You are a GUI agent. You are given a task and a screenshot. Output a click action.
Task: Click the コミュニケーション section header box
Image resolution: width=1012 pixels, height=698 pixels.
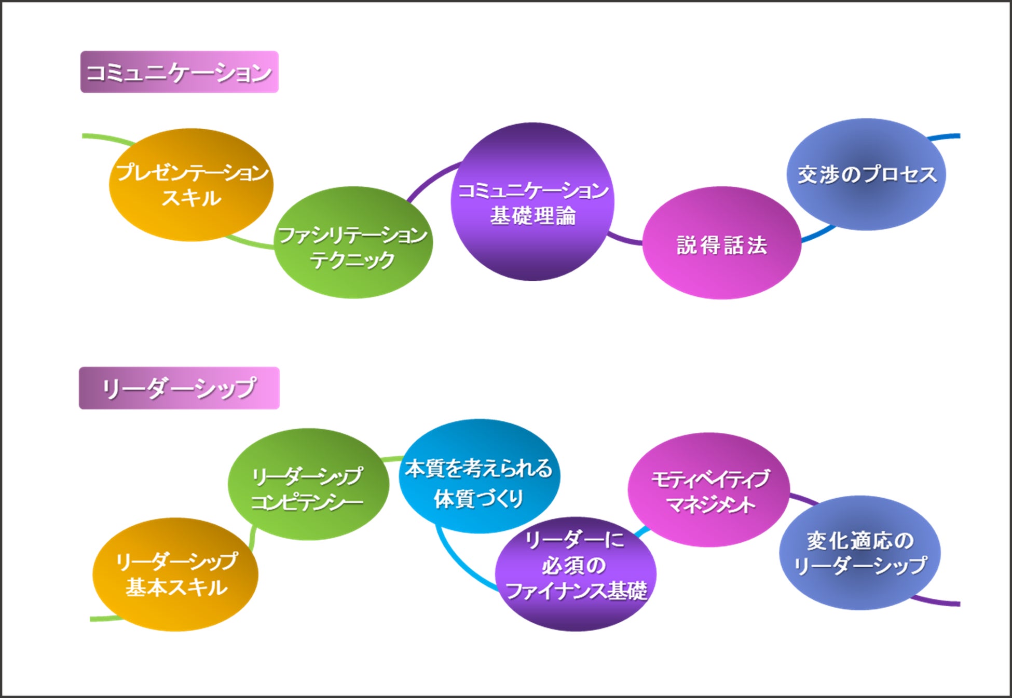179,72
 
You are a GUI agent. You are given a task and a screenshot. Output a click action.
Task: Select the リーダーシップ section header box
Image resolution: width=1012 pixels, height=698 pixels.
179,388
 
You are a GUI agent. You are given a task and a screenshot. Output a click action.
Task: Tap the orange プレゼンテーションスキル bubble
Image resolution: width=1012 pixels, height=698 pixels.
191,185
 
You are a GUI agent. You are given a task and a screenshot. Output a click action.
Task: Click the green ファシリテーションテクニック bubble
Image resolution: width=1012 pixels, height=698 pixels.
353,242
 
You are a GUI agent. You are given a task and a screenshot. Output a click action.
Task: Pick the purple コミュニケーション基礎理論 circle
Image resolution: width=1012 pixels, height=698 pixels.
532,202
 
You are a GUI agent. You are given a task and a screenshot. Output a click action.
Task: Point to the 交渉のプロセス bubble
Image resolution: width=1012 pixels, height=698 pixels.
867,174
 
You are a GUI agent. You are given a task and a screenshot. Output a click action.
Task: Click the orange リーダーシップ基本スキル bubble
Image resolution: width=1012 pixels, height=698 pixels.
175,574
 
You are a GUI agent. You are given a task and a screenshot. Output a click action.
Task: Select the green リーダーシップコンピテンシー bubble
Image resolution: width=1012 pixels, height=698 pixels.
308,484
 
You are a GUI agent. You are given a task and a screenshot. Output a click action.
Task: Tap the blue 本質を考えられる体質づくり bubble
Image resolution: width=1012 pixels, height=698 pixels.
478,476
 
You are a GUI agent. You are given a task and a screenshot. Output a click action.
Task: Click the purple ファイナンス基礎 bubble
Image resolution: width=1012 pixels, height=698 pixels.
575,573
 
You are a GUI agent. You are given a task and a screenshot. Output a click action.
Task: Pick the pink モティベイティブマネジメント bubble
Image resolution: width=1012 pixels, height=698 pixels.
709,490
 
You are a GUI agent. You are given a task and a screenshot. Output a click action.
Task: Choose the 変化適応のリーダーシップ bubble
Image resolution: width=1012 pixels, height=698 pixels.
860,553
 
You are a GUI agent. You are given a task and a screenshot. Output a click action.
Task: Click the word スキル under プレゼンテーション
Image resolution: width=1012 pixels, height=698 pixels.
191,198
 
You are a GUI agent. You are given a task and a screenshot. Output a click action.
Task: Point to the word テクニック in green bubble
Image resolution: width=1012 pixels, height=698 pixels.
353,259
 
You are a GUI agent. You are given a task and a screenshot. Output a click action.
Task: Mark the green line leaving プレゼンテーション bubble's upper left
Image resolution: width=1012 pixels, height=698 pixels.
106,138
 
